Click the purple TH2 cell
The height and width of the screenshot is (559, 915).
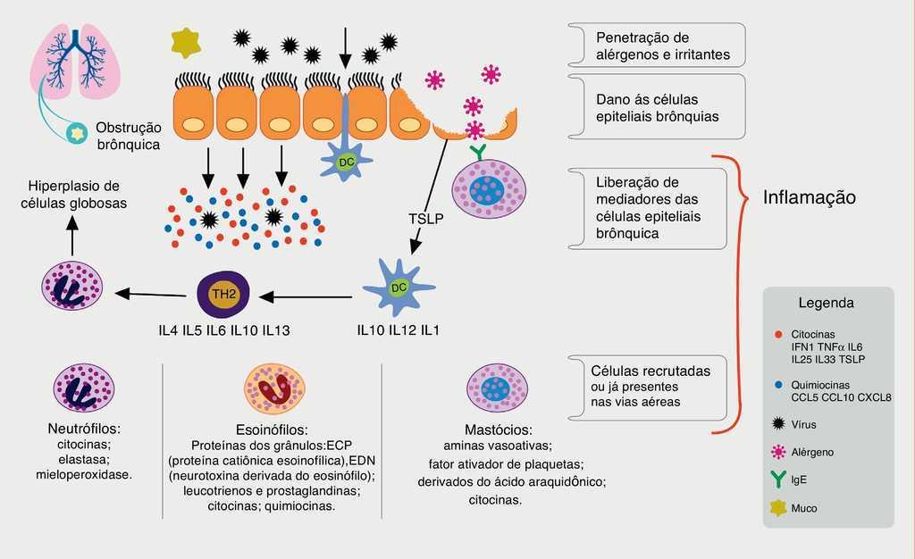pyautogui.click(x=222, y=294)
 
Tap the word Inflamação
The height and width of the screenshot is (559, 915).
pyautogui.click(x=809, y=197)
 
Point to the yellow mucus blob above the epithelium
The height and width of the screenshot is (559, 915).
pyautogui.click(x=185, y=42)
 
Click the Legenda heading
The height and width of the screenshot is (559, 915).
pyautogui.click(x=826, y=303)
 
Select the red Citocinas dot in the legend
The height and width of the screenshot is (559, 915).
pyautogui.click(x=779, y=334)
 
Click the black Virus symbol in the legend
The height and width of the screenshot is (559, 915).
pyautogui.click(x=779, y=424)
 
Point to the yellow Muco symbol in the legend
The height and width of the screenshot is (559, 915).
pyautogui.click(x=779, y=507)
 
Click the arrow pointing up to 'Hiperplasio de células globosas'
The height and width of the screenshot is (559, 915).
pyautogui.click(x=73, y=236)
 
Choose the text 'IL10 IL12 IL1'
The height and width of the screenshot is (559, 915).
pyautogui.click(x=398, y=330)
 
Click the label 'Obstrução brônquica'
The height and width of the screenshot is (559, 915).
pyautogui.click(x=128, y=135)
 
